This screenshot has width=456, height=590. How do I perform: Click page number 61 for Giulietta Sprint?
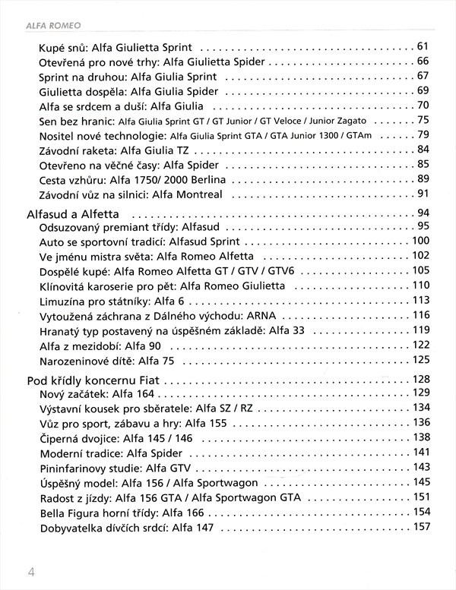423,46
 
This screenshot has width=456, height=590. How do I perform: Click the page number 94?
423,212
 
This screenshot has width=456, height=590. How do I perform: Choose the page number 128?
420,379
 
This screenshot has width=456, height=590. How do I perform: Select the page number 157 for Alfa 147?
420,526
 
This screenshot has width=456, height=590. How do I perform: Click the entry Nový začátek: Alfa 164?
96,393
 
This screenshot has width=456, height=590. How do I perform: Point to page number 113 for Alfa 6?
420,298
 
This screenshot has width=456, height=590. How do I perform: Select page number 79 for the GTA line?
423,135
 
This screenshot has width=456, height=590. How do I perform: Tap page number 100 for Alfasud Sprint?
420,241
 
